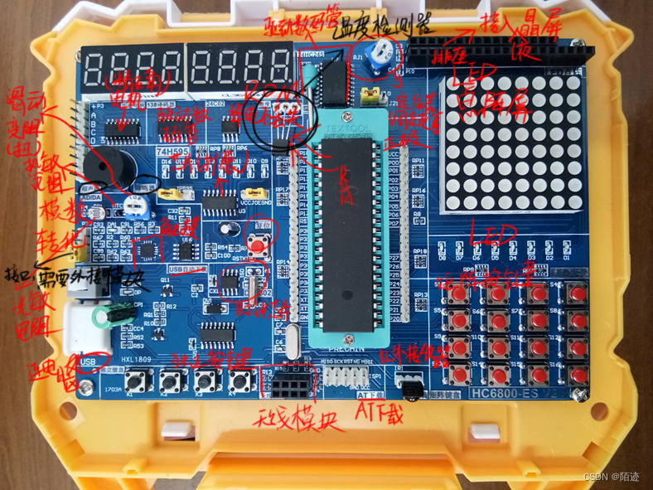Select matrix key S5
click(457, 319)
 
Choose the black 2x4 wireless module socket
click(294, 384)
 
